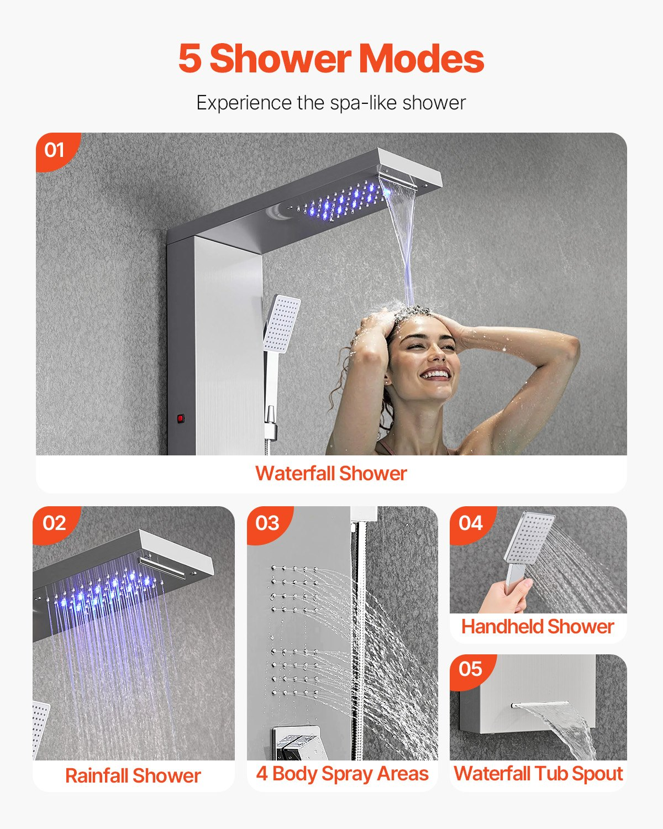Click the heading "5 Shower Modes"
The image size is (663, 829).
click(331, 59)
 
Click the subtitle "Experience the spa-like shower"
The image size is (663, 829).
click(331, 103)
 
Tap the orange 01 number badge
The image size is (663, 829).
click(55, 150)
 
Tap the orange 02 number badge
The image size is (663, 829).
click(54, 523)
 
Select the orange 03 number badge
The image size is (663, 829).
click(267, 523)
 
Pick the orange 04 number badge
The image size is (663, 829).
click(470, 523)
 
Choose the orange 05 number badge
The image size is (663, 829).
click(470, 669)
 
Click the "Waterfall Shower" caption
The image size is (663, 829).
click(331, 474)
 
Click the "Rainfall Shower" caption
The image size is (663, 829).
click(133, 775)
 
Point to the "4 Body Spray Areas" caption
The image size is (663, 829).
click(342, 774)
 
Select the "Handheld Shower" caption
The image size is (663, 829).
click(538, 627)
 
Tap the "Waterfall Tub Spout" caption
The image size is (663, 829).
click(538, 774)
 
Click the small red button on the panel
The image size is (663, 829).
click(180, 418)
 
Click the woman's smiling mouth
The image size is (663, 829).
click(435, 375)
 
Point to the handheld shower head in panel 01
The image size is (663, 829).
click(282, 323)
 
